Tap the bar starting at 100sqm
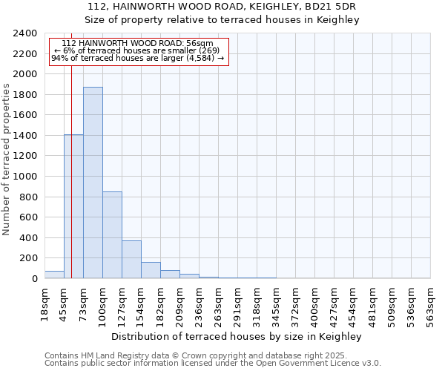112,234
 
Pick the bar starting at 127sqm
131,259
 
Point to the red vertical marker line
71,185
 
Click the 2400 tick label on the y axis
26,33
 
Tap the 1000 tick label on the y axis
26,177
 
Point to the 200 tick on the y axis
29,258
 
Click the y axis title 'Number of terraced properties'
7,160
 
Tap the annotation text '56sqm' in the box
200,44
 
